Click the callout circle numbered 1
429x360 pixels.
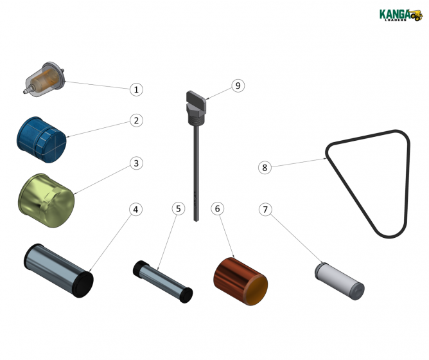coord(136,89)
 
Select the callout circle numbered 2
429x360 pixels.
coord(136,120)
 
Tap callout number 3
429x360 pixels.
coord(136,163)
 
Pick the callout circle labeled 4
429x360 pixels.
coord(136,210)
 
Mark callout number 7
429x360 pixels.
coord(266,210)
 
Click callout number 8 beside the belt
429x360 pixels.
coord(263,167)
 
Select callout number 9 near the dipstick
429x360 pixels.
coord(238,85)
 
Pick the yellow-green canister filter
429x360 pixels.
coord(47,199)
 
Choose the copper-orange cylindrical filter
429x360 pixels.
coord(240,281)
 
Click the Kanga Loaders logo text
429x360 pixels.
coord(393,14)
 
